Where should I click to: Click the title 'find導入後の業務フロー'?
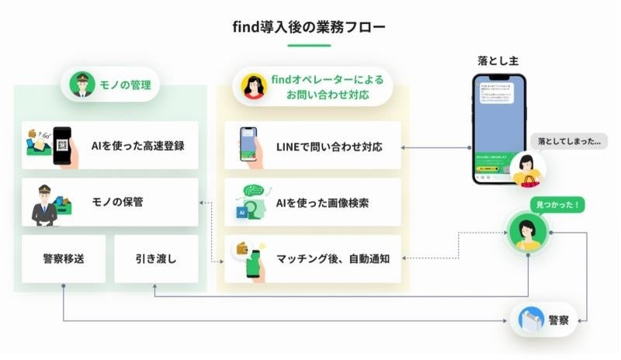point(309,27)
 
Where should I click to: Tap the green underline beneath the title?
point(309,46)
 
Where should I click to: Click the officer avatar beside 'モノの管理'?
point(81,85)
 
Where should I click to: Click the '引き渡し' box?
point(155,258)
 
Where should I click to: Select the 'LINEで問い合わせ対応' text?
point(329,146)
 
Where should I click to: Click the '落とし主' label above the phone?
point(498,60)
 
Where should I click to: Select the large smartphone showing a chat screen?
point(499,128)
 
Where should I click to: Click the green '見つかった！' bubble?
point(558,206)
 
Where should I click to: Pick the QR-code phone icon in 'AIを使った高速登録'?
point(61,144)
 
